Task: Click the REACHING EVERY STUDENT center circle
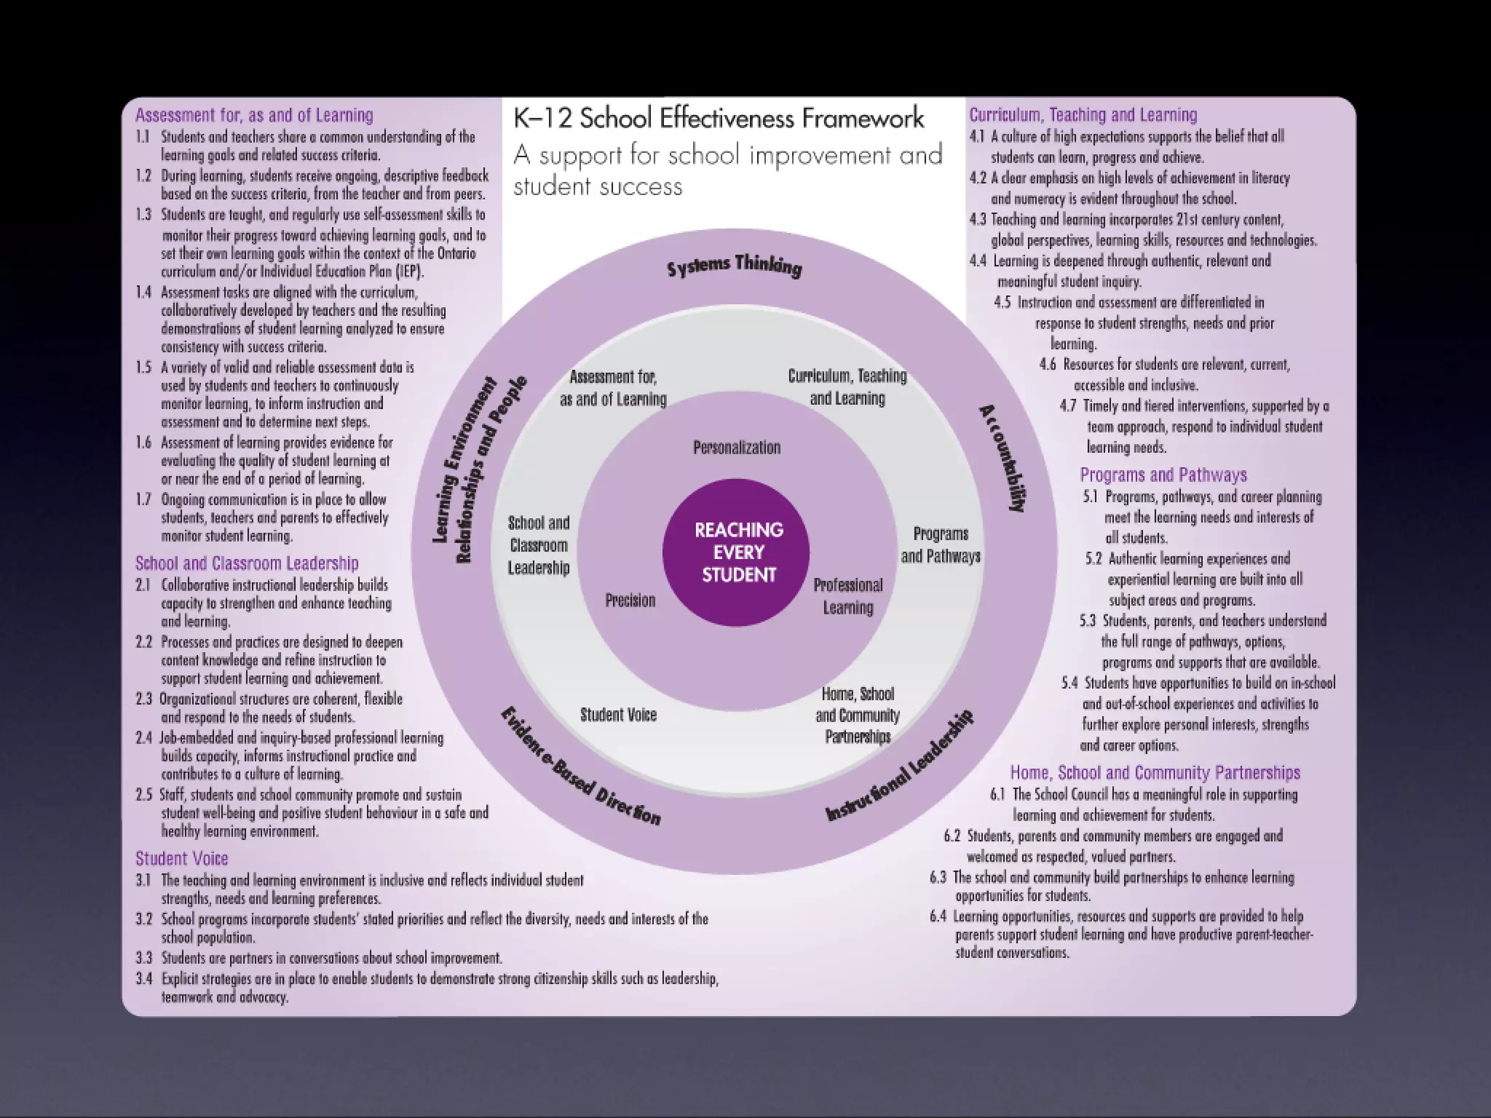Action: coord(737,552)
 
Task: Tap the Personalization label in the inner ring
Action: coord(736,448)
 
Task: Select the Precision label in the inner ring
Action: coord(630,600)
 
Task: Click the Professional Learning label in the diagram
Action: coord(847,596)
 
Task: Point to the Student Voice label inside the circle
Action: coord(618,715)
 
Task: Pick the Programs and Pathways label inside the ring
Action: coord(940,544)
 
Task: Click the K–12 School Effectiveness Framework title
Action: coord(719,118)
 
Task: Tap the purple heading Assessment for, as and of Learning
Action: coord(254,115)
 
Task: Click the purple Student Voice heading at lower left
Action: coord(181,858)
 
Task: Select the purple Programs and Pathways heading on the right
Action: coord(1163,475)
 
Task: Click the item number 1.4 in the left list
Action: coord(143,292)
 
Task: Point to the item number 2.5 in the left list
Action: coord(143,794)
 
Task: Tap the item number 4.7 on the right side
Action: coord(1067,405)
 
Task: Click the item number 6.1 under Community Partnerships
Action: coord(997,794)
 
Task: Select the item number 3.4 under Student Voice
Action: coord(143,978)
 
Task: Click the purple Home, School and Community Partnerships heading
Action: coord(1155,772)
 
